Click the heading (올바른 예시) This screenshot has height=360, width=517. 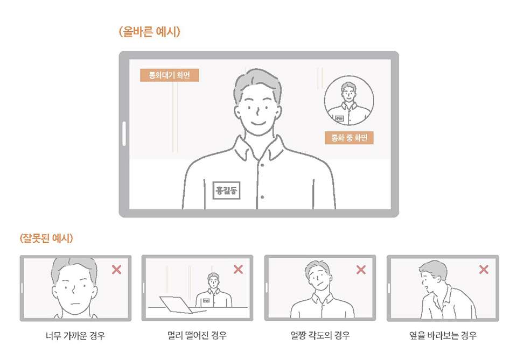click(149, 32)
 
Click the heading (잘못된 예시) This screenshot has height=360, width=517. click(46, 238)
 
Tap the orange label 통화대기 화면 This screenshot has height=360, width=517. click(169, 75)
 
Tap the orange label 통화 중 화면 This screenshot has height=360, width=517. click(349, 138)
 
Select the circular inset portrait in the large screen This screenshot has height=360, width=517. click(348, 101)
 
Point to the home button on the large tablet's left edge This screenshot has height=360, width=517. click(124, 133)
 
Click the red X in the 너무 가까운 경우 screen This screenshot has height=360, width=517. click(116, 270)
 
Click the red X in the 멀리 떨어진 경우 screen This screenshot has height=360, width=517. click(238, 269)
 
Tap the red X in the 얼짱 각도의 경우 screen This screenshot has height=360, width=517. click(361, 269)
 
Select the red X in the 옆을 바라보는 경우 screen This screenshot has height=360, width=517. click(484, 270)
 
